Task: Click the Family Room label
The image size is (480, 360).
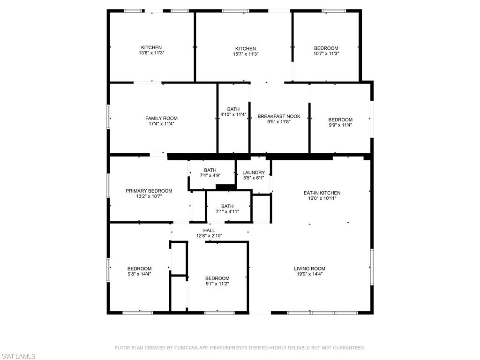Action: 161,118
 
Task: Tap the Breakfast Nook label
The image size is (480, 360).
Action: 279,116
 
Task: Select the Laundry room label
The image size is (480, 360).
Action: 254,172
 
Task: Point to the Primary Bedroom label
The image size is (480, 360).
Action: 149,191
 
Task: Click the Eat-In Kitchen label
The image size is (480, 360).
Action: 322,193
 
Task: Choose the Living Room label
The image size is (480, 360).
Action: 310,269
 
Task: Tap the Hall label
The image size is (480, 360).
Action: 209,230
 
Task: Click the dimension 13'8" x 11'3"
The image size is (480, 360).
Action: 151,52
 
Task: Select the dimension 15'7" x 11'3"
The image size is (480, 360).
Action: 246,54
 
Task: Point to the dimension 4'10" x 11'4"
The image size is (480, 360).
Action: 233,114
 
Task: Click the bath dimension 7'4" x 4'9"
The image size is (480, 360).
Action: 210,175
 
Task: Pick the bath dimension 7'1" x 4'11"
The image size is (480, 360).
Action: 227,211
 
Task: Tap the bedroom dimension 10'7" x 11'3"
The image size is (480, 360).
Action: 326,53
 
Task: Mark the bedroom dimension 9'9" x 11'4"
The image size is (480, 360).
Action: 340,125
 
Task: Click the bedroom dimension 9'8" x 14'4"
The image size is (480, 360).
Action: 140,274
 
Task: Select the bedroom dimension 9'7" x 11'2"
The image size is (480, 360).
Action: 217,284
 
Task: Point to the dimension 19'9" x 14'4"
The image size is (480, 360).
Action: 310,274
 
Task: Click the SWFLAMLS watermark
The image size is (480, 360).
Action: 18,356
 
